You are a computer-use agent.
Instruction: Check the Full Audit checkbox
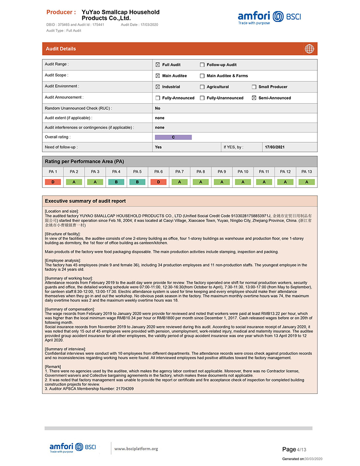157,65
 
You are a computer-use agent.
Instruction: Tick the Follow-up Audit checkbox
202,65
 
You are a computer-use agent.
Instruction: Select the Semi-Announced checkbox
254,98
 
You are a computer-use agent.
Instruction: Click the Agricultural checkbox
202,87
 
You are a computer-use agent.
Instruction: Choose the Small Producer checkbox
254,87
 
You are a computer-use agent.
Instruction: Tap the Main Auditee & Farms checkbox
202,76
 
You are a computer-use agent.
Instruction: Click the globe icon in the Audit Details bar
309,49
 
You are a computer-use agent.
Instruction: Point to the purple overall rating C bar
173,137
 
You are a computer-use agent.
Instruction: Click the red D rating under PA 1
53,182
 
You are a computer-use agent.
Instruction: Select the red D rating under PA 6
158,182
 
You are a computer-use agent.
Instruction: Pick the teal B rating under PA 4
116,182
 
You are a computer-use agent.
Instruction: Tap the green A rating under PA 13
306,182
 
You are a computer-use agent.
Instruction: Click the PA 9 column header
222,172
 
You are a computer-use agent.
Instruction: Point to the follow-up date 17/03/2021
274,147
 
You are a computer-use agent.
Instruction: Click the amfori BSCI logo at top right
270,18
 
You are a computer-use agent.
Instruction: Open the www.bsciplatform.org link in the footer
136,448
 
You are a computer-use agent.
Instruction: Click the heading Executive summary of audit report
85,201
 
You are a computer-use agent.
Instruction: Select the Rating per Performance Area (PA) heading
84,161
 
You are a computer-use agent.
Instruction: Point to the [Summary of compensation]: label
70,309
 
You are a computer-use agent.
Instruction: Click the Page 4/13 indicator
294,449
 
